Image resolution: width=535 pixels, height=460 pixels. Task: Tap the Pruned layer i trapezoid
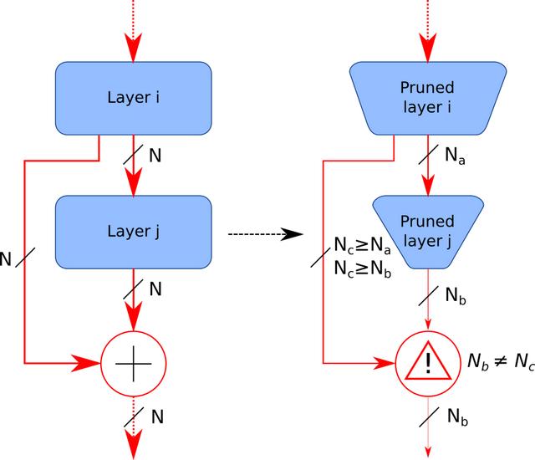(x=428, y=97)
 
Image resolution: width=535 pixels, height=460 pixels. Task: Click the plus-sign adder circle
(x=131, y=363)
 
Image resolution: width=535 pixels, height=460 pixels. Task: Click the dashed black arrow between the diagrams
(x=264, y=233)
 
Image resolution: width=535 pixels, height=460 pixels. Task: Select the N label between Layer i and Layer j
(x=155, y=156)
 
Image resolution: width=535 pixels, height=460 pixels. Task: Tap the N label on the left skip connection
(x=7, y=258)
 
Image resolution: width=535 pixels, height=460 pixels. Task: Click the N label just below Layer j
(x=155, y=289)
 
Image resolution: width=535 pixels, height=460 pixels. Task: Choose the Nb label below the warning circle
(x=457, y=417)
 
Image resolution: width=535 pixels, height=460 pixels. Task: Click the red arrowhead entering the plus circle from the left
(x=87, y=363)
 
